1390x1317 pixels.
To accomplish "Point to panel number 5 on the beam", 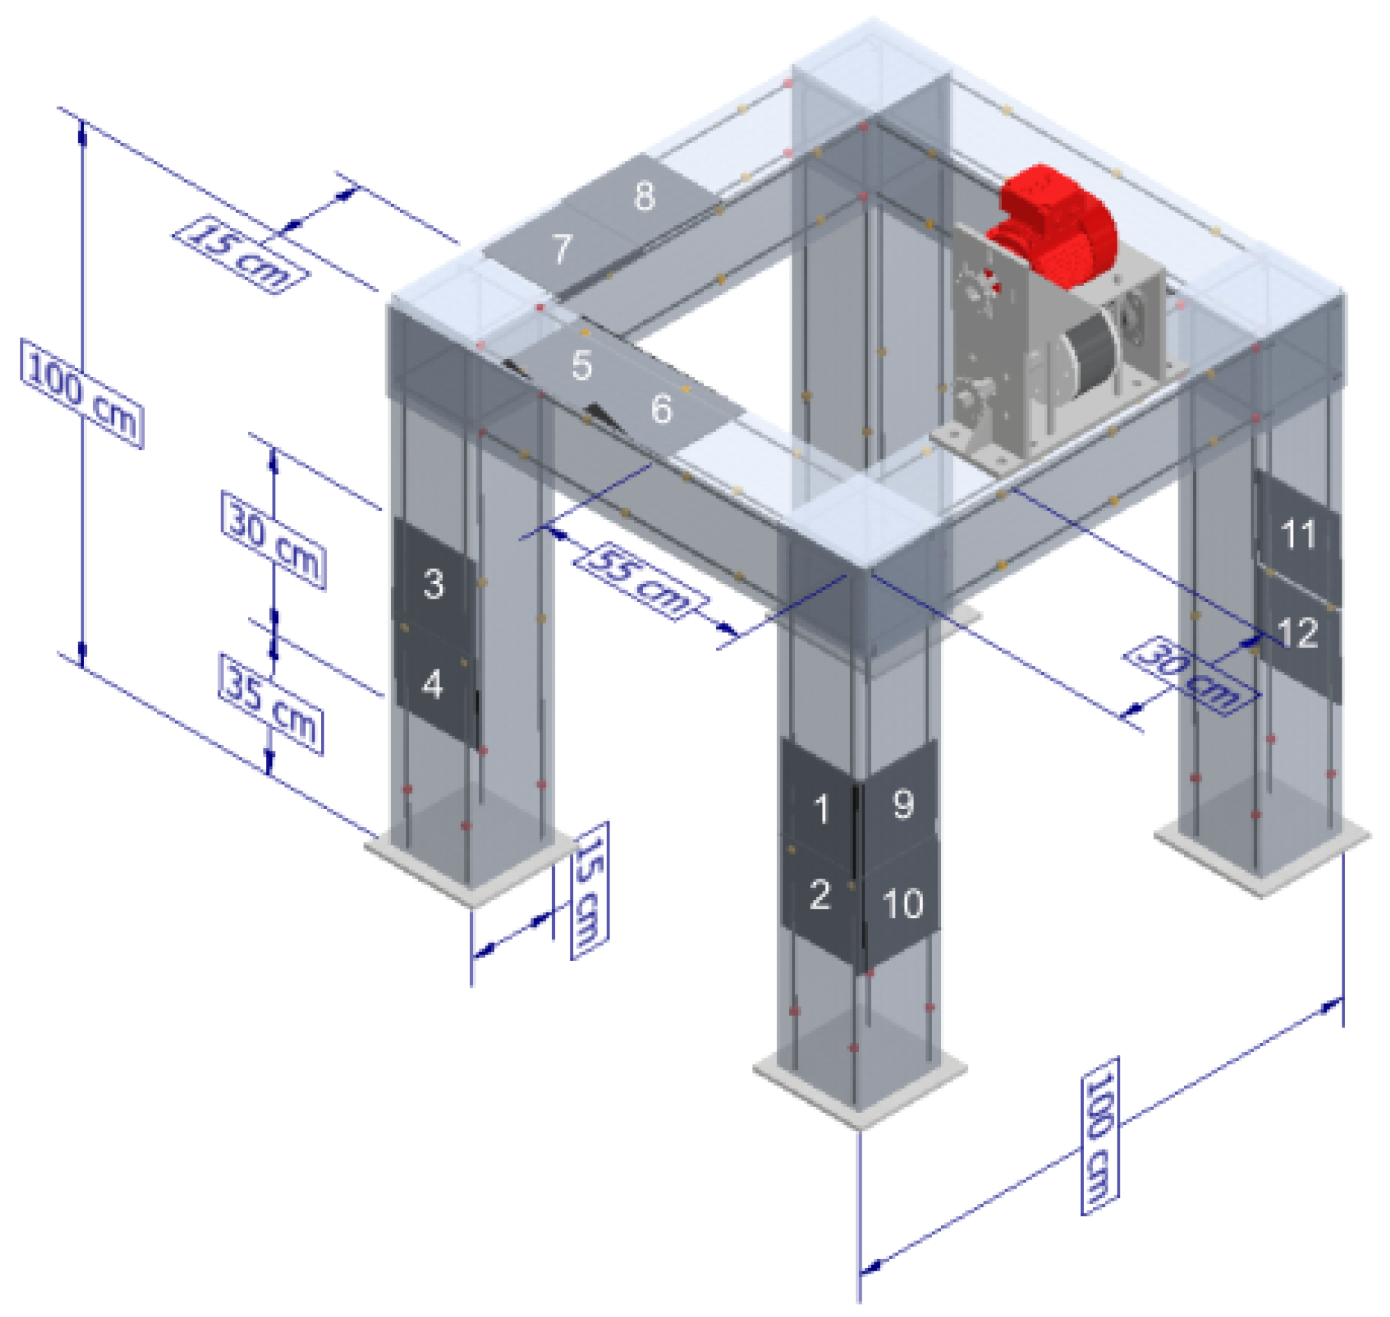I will [581, 365].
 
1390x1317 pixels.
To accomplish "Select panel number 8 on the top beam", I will [644, 196].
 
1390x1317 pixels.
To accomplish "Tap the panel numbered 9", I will [902, 804].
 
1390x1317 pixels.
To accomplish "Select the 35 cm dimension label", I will [271, 704].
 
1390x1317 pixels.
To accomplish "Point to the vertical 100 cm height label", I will [82, 393].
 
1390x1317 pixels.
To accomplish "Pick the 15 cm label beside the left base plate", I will [589, 890].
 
